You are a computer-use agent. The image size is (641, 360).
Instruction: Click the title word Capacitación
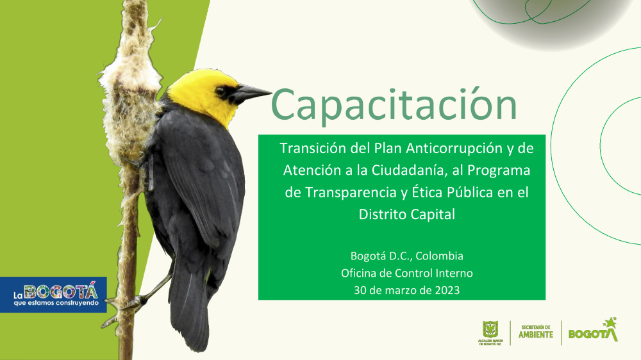(394, 104)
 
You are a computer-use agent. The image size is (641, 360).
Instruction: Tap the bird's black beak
(250, 93)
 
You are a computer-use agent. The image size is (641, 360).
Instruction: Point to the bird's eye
(221, 91)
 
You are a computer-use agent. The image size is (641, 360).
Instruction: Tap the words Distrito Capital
(407, 214)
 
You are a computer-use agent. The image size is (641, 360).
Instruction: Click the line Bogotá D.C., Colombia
(407, 256)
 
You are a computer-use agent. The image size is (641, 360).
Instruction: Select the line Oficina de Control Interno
(407, 273)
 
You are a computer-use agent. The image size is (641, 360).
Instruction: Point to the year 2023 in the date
(447, 290)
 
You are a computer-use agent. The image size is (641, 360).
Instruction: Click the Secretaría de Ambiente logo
(535, 332)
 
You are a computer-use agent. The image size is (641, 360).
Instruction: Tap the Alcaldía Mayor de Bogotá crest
(490, 332)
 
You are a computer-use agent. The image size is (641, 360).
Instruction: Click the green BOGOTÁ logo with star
(593, 330)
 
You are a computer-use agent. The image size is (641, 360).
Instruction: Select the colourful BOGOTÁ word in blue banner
(61, 291)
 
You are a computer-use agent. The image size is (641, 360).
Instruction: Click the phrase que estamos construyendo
(56, 303)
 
